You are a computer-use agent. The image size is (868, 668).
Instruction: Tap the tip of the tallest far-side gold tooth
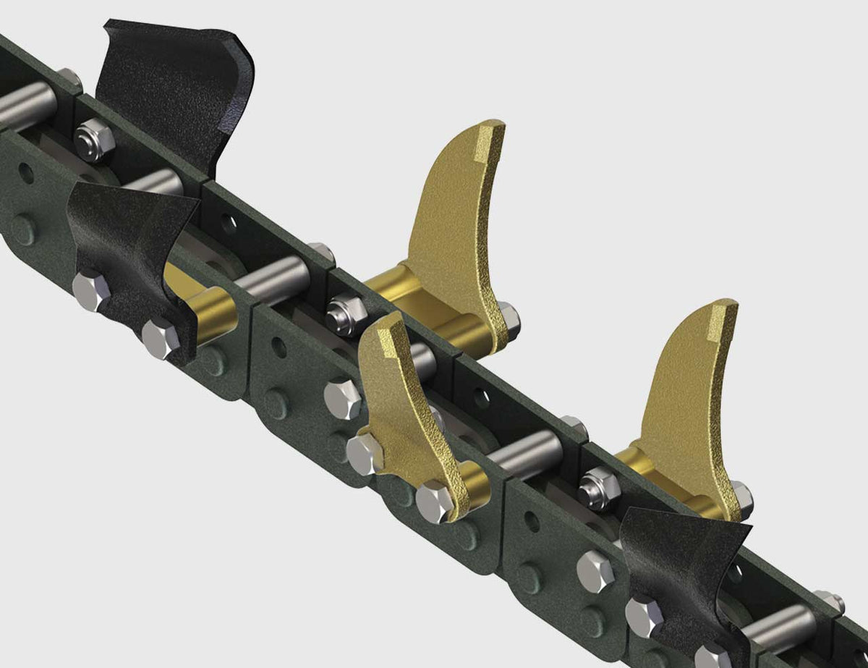[491, 138]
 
